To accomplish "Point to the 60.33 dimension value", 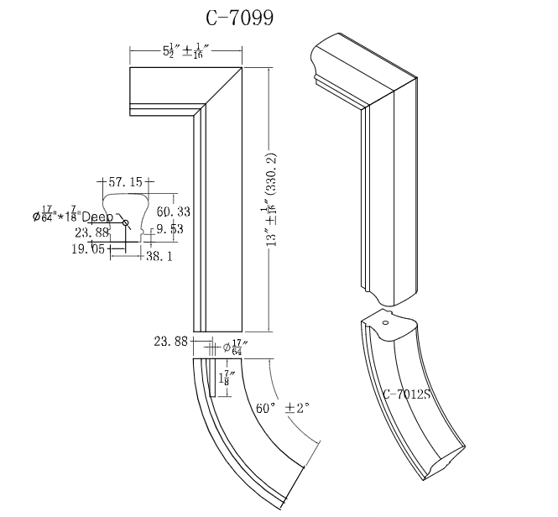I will pyautogui.click(x=173, y=211).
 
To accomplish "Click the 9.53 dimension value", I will pyautogui.click(x=169, y=228).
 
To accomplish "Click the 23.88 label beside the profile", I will pyautogui.click(x=92, y=232).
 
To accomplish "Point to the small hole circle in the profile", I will pyautogui.click(x=126, y=222).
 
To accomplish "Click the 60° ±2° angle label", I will pyautogui.click(x=283, y=408).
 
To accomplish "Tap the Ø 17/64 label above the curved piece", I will pyautogui.click(x=234, y=347).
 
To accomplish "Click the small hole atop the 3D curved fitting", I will pyautogui.click(x=386, y=322).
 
